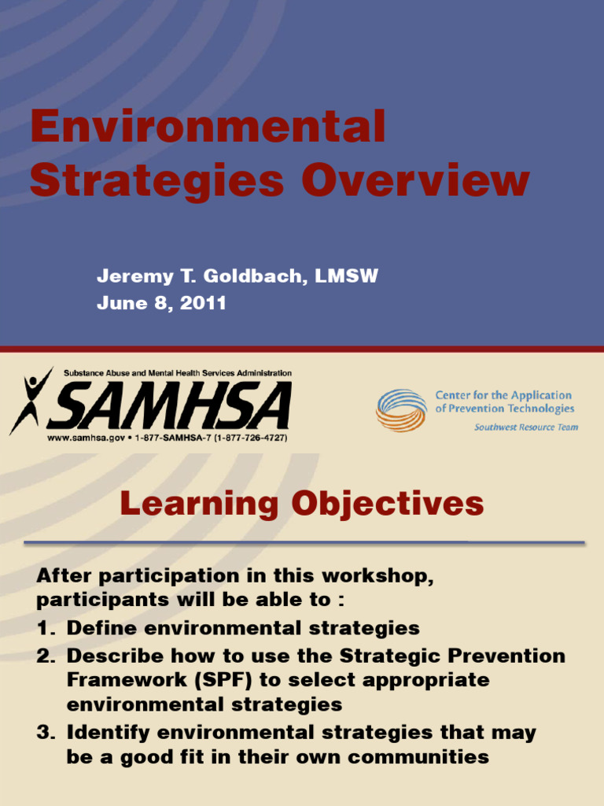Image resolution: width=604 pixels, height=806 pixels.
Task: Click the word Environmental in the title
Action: tap(208, 128)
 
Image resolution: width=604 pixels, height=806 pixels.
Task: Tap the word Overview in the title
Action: tap(415, 180)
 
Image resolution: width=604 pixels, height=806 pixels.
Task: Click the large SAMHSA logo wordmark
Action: tap(173, 406)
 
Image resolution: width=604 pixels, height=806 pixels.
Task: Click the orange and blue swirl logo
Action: tap(401, 409)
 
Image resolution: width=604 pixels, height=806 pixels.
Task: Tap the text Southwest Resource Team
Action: tap(525, 427)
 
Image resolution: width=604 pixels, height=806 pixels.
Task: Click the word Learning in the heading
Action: tap(200, 504)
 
